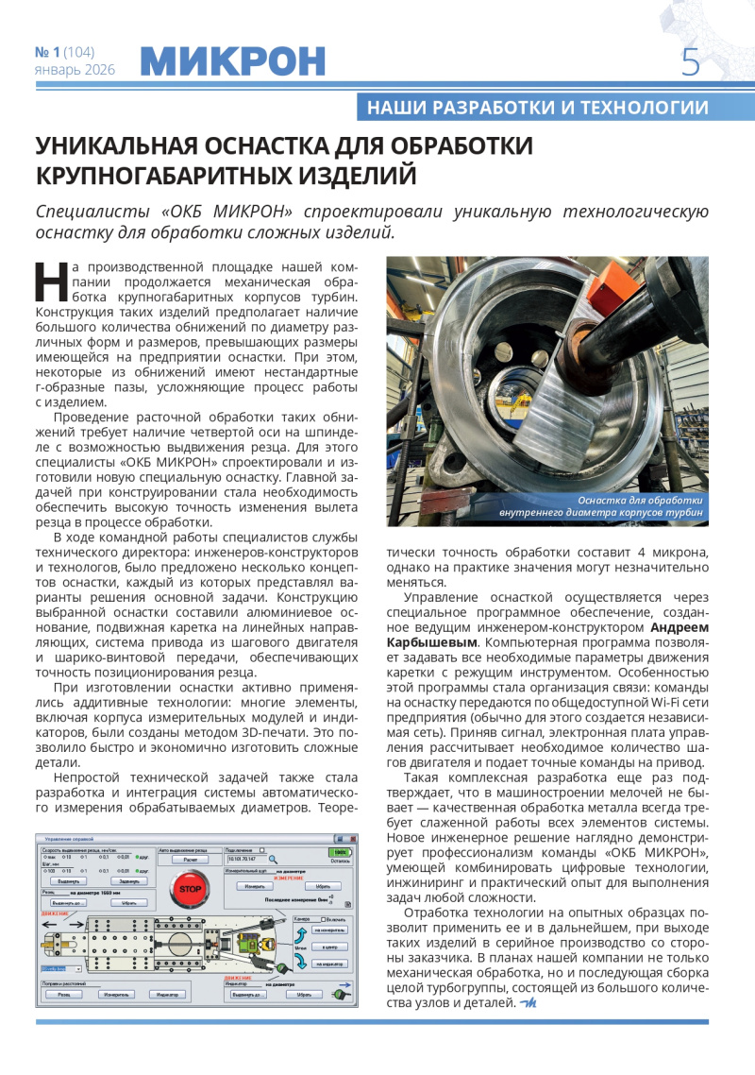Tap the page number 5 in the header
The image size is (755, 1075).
coord(691,62)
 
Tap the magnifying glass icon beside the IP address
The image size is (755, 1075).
coord(274,861)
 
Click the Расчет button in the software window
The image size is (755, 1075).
coord(190,861)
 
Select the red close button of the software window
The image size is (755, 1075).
coord(352,839)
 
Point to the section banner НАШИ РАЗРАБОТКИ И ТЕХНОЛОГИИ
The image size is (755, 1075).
coord(537,107)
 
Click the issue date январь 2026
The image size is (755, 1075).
coord(75,70)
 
